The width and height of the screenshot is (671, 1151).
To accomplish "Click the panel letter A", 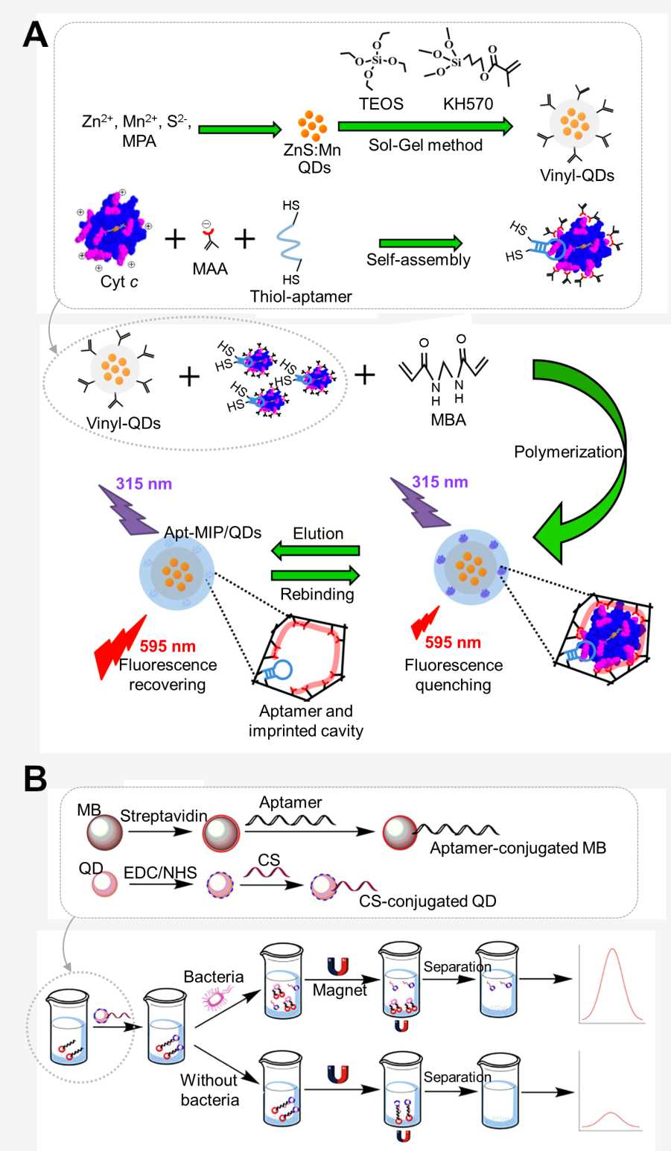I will (35, 34).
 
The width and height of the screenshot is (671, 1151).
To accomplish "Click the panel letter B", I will (35, 779).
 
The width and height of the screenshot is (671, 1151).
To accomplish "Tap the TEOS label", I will (381, 104).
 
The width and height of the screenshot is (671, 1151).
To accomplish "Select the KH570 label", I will (468, 104).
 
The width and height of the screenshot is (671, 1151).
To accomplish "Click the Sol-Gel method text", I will (425, 145).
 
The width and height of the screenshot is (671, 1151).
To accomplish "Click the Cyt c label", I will (119, 282).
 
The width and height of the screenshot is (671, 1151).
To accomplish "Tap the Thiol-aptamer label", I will (301, 297).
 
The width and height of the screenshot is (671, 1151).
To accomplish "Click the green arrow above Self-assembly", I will (420, 243).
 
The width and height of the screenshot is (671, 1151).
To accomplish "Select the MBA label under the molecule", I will (448, 419).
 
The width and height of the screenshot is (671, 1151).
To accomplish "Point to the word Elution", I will (318, 533).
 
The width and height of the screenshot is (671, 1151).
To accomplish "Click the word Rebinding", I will (317, 594).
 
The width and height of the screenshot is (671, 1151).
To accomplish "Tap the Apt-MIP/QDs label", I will (212, 532).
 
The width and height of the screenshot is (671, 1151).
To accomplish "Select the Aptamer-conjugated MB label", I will (518, 848).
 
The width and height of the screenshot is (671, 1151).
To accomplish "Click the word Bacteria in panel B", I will (213, 976).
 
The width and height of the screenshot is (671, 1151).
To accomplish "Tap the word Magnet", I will (340, 990).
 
